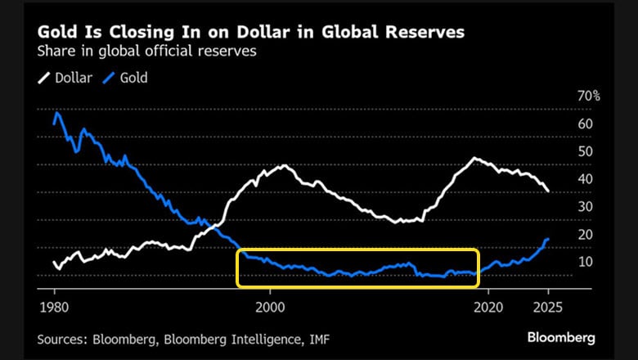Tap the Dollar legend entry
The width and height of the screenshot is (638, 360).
tap(65, 78)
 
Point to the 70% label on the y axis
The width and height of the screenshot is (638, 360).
tap(589, 97)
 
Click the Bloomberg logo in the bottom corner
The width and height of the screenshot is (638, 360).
tap(561, 337)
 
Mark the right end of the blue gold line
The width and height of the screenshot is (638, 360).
tap(548, 239)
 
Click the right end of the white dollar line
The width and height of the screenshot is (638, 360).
tap(548, 191)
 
